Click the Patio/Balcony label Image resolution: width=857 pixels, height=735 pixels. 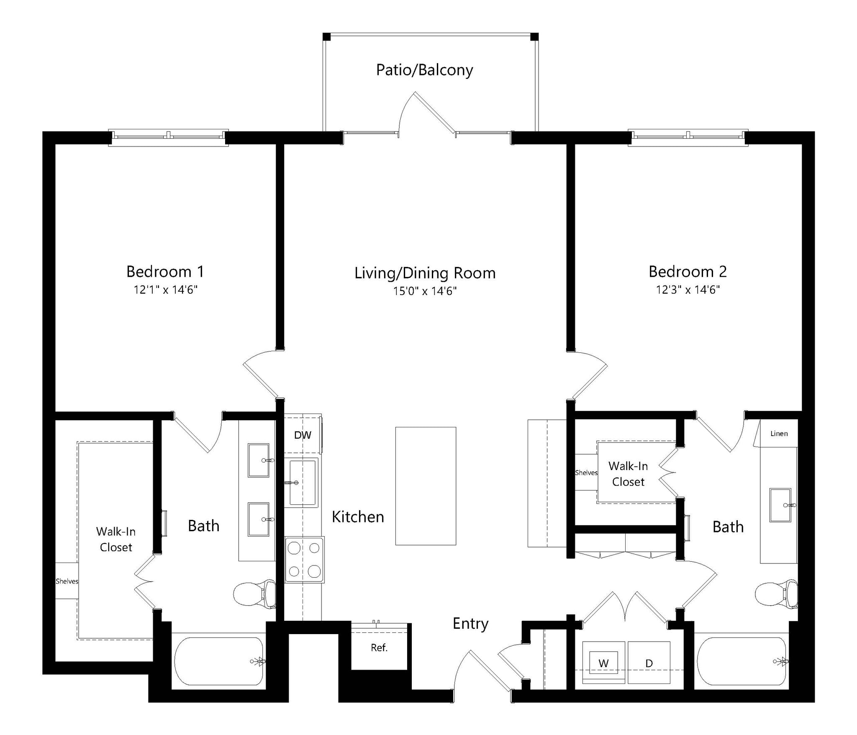[424, 70]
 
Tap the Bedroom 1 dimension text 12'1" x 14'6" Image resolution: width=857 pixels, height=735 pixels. [165, 290]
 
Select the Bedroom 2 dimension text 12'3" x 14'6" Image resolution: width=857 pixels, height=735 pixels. [688, 290]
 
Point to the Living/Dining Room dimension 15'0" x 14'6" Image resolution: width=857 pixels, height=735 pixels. [424, 291]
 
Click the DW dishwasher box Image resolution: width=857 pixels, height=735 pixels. [303, 435]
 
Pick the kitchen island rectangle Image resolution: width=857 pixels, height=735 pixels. [426, 486]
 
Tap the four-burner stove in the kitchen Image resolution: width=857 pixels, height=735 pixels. [304, 560]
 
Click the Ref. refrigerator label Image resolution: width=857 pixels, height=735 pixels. [379, 648]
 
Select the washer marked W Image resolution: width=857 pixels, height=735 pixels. [603, 663]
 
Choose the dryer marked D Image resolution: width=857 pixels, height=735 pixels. [649, 663]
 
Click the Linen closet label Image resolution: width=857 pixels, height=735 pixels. [779, 434]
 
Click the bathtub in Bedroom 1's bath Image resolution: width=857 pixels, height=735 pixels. [218, 661]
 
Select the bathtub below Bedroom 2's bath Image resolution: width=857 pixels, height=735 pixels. [741, 661]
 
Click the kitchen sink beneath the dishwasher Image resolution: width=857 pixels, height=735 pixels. [302, 483]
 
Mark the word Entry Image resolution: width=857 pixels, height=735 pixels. [470, 624]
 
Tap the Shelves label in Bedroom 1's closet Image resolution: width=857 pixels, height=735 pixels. [67, 581]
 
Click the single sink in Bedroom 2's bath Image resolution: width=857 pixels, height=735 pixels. [780, 505]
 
